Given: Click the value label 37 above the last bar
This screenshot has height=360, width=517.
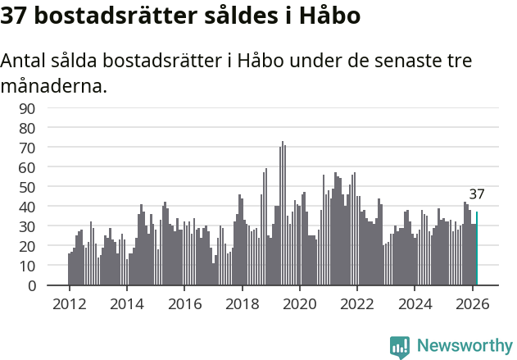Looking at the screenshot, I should click(x=477, y=195).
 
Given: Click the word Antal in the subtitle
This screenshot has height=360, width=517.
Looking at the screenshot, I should click(x=25, y=62).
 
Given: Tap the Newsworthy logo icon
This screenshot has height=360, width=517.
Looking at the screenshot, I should click(x=400, y=346).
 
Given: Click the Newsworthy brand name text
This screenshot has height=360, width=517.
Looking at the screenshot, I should click(x=465, y=346).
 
